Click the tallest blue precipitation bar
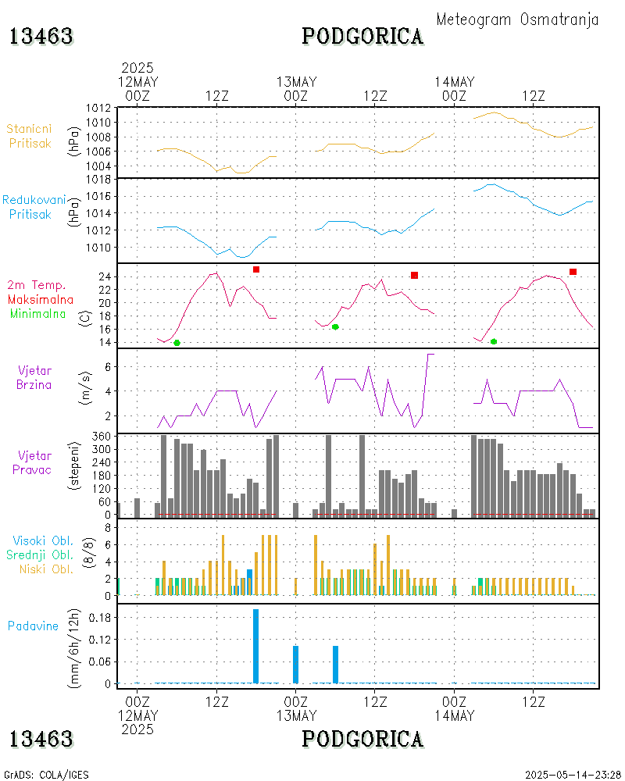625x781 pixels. (x=255, y=646)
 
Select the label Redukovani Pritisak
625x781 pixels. (x=33, y=207)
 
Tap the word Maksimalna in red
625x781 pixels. (x=41, y=299)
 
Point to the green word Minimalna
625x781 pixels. (x=38, y=313)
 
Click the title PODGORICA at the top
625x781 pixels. (x=362, y=37)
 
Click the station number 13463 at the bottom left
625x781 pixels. (x=41, y=739)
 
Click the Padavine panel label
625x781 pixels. (x=33, y=626)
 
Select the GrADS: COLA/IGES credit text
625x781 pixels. (x=46, y=775)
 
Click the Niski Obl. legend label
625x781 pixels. (x=42, y=569)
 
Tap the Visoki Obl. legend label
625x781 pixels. (x=42, y=540)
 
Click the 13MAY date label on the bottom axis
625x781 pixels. (x=296, y=715)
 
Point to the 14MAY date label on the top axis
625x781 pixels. (x=454, y=82)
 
